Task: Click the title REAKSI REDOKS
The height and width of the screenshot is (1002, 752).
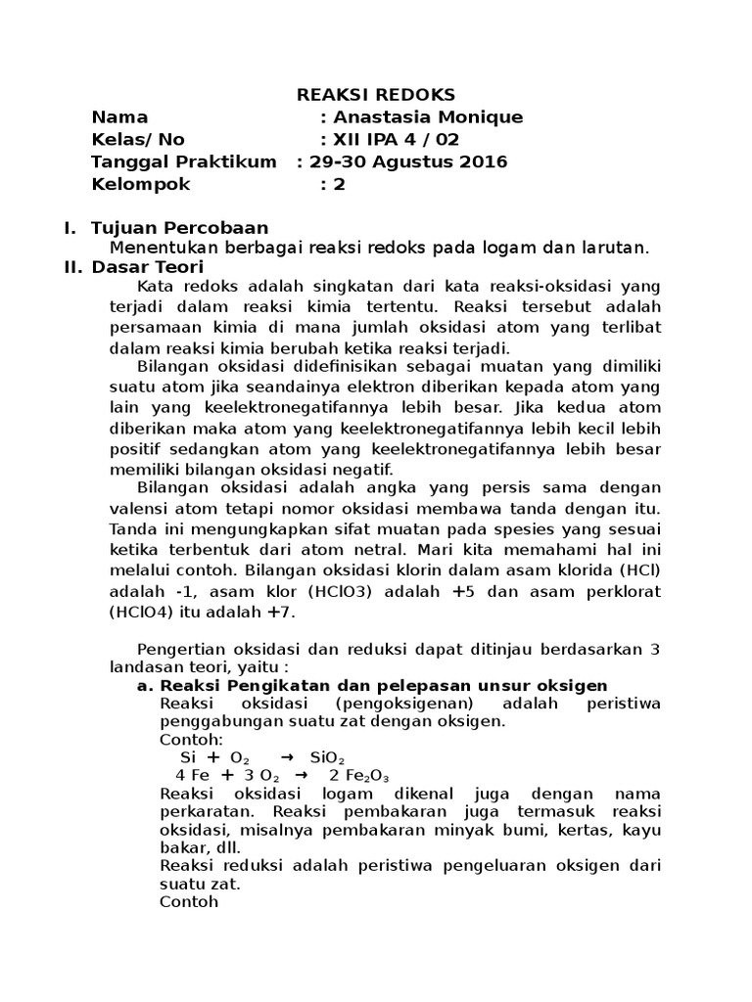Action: coord(376,95)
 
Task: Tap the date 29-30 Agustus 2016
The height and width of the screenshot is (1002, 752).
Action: coord(408,161)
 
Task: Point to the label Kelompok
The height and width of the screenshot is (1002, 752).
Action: coord(141,184)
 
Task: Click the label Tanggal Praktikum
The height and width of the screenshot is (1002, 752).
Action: coord(183,161)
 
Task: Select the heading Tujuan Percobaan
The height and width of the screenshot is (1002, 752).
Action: coord(179,228)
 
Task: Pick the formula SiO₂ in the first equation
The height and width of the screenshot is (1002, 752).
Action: coord(327,757)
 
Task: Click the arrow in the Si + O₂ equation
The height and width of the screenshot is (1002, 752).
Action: coord(286,757)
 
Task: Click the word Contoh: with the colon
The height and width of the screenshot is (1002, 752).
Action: coord(191,739)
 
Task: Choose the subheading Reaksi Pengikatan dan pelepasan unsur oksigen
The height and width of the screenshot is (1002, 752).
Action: coord(383,685)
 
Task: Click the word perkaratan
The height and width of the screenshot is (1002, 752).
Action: coord(206,811)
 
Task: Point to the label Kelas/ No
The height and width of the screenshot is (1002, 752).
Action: coord(137,139)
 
